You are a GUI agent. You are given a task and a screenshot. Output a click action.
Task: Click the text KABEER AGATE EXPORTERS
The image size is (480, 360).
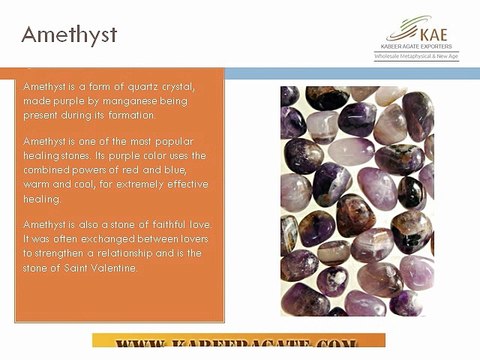413,47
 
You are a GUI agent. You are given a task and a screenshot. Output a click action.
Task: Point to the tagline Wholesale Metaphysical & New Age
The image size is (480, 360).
413,57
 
